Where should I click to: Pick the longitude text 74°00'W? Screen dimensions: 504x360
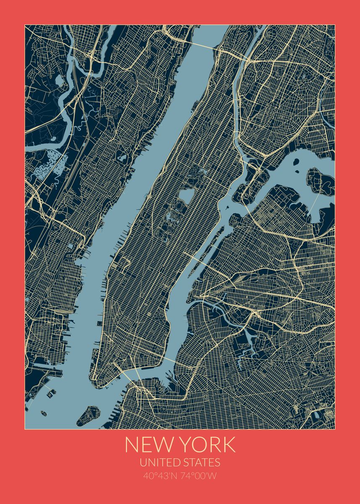pos(200,476)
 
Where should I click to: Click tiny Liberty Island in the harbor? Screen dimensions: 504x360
pos(43,413)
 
